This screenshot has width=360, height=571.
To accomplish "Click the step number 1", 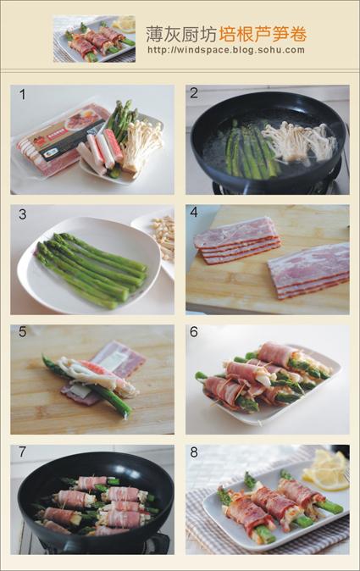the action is click(23, 95).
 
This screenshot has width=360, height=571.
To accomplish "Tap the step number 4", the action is click(194, 213).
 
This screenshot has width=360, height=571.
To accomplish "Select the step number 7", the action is click(23, 452).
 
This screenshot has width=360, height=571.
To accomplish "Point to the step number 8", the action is click(194, 452).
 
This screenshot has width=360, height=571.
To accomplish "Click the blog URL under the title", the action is click(226, 50).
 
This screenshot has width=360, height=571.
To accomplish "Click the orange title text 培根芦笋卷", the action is click(263, 34).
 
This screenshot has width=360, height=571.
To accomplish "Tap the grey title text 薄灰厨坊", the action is click(181, 34).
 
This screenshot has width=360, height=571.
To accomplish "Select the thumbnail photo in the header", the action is click(94, 39).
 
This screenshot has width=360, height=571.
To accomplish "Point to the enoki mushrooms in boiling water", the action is click(298, 142).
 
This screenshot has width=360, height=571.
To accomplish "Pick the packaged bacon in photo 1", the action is click(60, 140).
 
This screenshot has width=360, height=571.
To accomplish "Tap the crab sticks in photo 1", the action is click(98, 151).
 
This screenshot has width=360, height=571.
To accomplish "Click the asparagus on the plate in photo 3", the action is click(91, 269).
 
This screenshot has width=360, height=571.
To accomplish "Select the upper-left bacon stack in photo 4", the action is click(237, 240).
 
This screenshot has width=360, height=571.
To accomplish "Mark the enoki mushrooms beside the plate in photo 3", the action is click(163, 236).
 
